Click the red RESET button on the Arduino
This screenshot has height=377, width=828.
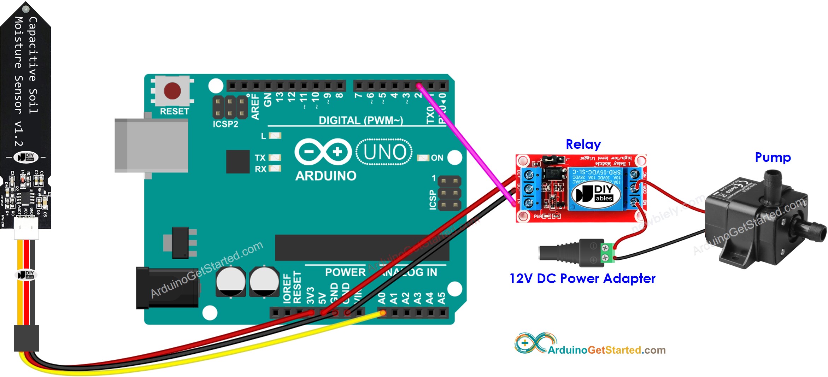pyautogui.click(x=172, y=91)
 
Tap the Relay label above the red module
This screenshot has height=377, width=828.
pyautogui.click(x=583, y=144)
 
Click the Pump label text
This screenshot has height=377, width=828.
pyautogui.click(x=773, y=157)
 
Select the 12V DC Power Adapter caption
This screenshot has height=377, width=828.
pyautogui.click(x=582, y=278)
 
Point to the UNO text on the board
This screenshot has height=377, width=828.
pyautogui.click(x=384, y=152)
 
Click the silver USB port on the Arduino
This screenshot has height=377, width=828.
pyautogui.click(x=151, y=145)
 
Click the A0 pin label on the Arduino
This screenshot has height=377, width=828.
pyautogui.click(x=382, y=298)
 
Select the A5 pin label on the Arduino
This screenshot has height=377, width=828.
pyautogui.click(x=441, y=298)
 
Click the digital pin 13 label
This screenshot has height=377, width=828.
pyautogui.click(x=280, y=97)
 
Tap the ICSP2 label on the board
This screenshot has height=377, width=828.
pyautogui.click(x=225, y=124)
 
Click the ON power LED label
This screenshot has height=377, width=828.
pyautogui.click(x=437, y=158)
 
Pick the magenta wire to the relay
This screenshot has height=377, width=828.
pyautogui.click(x=466, y=145)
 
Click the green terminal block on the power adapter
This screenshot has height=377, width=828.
pyautogui.click(x=607, y=253)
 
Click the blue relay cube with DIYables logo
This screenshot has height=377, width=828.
pyautogui.click(x=596, y=189)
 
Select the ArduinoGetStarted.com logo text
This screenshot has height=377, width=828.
pyautogui.click(x=606, y=350)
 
